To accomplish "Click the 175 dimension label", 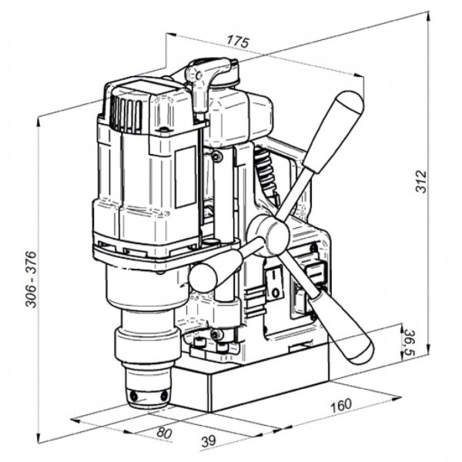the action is pyautogui.click(x=238, y=42).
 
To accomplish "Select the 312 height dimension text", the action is pyautogui.click(x=421, y=182).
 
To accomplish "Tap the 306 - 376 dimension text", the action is pyautogui.click(x=31, y=280).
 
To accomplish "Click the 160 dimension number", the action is pyautogui.click(x=341, y=406).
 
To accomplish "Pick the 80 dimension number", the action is pyautogui.click(x=164, y=433).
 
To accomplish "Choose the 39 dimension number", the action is pyautogui.click(x=209, y=440).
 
